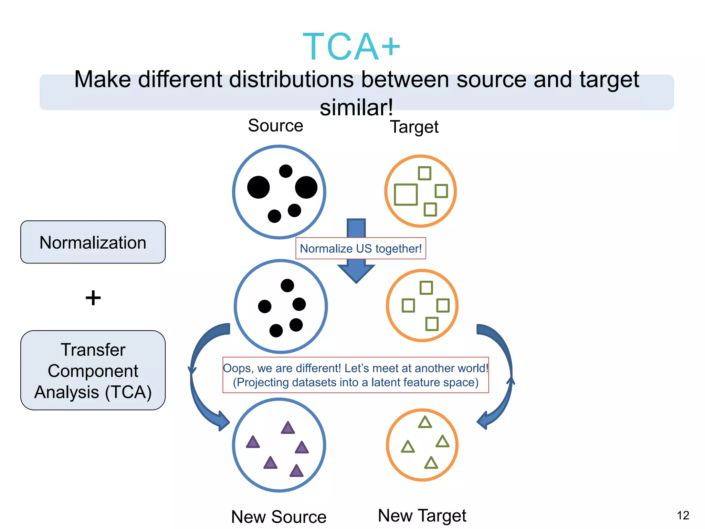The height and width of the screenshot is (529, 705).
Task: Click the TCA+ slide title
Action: (x=351, y=46)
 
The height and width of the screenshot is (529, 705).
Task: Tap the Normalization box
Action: (x=93, y=242)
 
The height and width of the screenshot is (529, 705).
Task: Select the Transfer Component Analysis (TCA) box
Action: (x=93, y=370)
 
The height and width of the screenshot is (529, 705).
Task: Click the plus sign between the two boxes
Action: (x=93, y=298)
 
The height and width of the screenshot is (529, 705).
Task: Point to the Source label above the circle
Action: (x=275, y=125)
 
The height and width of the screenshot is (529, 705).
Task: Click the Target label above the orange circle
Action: (x=414, y=127)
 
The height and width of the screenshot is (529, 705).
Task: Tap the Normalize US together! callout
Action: (x=360, y=248)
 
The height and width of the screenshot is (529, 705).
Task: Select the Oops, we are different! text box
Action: (x=356, y=375)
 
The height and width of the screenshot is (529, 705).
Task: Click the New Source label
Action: (x=279, y=517)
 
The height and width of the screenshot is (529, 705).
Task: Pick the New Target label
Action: (x=422, y=516)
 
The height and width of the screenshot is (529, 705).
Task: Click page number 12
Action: (x=683, y=516)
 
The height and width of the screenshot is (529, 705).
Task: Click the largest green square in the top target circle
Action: (x=406, y=195)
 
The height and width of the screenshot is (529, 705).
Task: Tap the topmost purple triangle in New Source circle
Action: (x=288, y=428)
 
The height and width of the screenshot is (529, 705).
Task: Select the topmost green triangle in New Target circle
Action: (x=425, y=423)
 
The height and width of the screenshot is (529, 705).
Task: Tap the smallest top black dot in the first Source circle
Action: (x=286, y=171)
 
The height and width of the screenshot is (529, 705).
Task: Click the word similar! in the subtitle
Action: (x=356, y=107)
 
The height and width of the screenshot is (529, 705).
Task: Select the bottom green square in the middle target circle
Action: (x=432, y=324)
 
